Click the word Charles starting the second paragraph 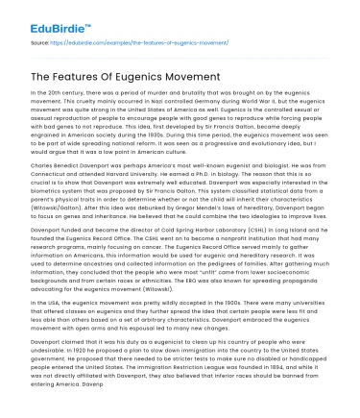pyautogui.click(x=43, y=180)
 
